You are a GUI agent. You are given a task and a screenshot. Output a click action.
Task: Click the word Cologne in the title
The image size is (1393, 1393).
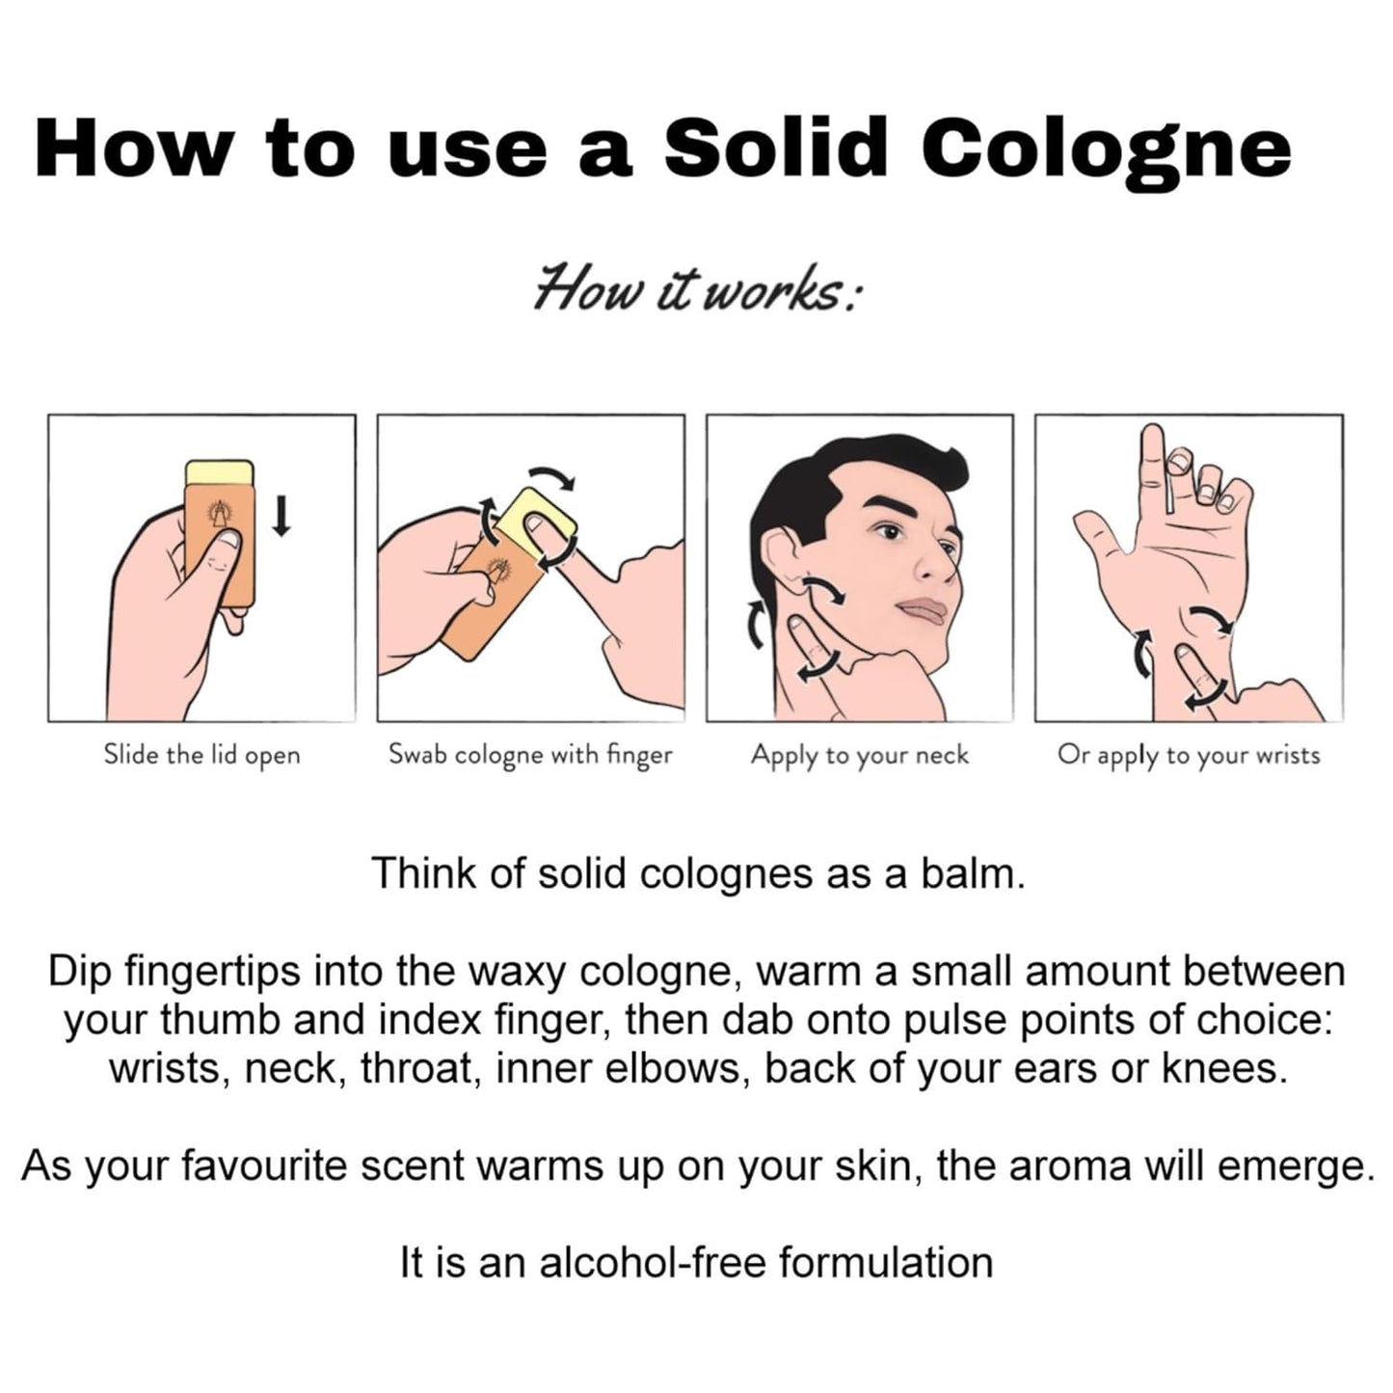1106,149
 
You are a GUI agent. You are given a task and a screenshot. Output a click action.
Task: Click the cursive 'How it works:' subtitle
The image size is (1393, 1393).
697,288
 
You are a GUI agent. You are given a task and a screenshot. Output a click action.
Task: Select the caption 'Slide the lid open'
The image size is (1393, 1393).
201,756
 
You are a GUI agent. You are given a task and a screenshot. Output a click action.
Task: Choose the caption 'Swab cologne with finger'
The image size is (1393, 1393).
530,756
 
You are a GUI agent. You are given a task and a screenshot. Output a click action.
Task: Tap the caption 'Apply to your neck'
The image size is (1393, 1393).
860,756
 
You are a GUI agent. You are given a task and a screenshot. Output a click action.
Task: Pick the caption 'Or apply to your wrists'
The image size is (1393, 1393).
1190,756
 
